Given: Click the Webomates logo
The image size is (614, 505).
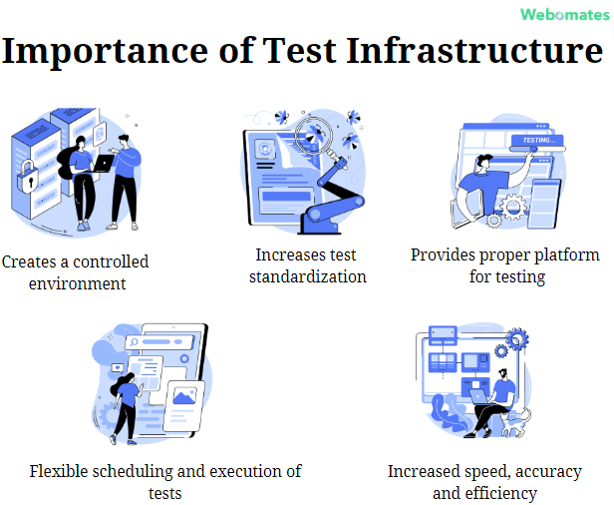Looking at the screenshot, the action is [562, 14].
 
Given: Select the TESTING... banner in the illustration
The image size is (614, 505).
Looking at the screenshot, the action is [539, 141].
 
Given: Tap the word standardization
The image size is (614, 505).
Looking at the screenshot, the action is [308, 275].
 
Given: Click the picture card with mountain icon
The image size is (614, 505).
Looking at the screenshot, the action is [185, 398].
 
